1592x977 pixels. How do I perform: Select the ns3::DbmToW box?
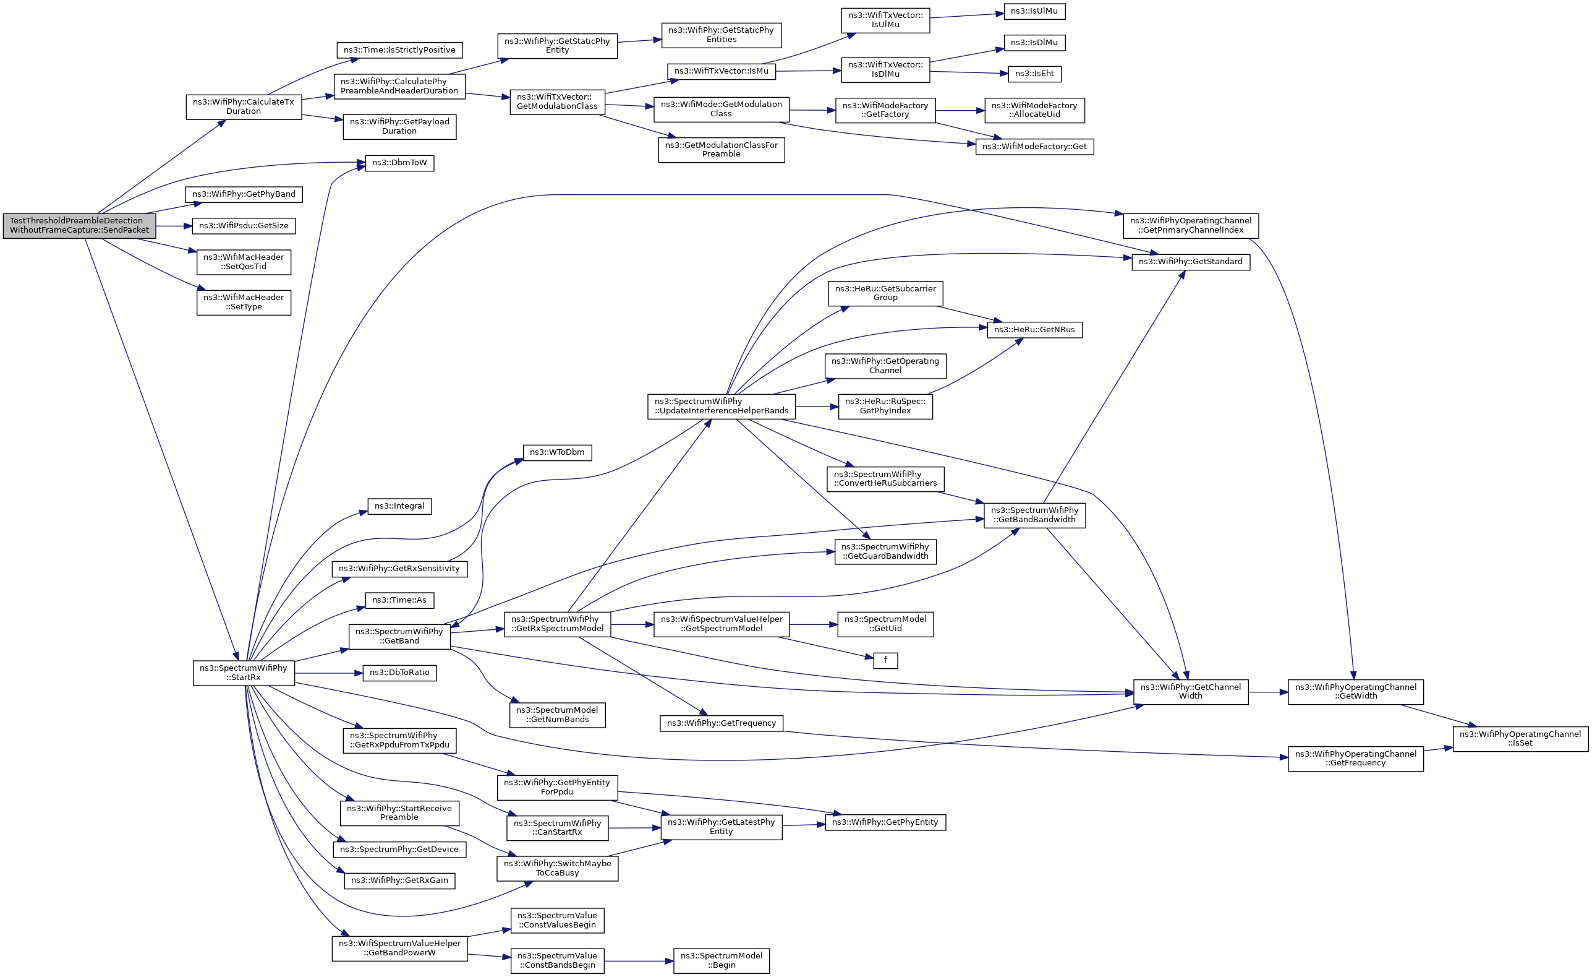(399, 163)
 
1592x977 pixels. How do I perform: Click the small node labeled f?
(885, 660)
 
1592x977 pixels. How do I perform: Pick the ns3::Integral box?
(399, 506)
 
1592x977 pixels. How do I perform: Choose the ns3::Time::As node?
(399, 600)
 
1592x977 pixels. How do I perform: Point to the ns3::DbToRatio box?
(399, 673)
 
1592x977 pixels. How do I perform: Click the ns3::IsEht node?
(1034, 74)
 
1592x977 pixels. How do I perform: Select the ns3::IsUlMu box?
(1034, 11)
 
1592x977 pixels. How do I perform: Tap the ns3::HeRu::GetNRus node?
(1034, 330)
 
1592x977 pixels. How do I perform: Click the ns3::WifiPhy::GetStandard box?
(1191, 262)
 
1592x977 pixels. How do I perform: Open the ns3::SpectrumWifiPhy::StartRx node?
(244, 673)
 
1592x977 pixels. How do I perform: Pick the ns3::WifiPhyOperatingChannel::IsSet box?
(1520, 738)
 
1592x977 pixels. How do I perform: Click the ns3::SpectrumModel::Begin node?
(721, 960)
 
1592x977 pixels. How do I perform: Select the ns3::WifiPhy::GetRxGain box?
(399, 880)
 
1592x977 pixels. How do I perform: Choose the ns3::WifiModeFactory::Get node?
(1034, 147)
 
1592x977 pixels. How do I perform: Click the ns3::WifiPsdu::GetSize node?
(244, 226)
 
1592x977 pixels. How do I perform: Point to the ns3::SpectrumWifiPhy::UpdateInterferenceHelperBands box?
(721, 406)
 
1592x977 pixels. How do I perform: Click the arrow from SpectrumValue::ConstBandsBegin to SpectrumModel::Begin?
(639, 961)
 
